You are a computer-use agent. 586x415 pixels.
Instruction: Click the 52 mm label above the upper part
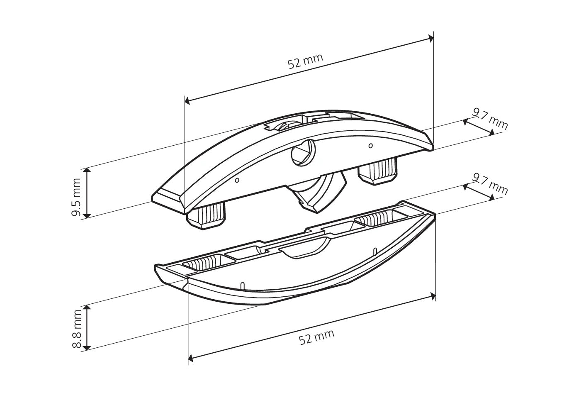[305, 61]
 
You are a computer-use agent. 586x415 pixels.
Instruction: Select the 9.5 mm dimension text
[76, 198]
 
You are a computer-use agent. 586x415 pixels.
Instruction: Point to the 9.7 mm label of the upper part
[490, 118]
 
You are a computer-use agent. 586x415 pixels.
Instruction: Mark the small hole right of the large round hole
[370, 145]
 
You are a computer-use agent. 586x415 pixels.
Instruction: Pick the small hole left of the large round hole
[237, 181]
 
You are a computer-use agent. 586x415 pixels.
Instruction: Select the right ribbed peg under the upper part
[378, 171]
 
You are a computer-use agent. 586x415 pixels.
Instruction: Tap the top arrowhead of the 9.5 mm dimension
[87, 171]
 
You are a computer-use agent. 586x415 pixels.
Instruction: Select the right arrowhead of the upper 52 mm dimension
[432, 39]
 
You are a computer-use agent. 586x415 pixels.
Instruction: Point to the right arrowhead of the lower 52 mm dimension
[433, 295]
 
